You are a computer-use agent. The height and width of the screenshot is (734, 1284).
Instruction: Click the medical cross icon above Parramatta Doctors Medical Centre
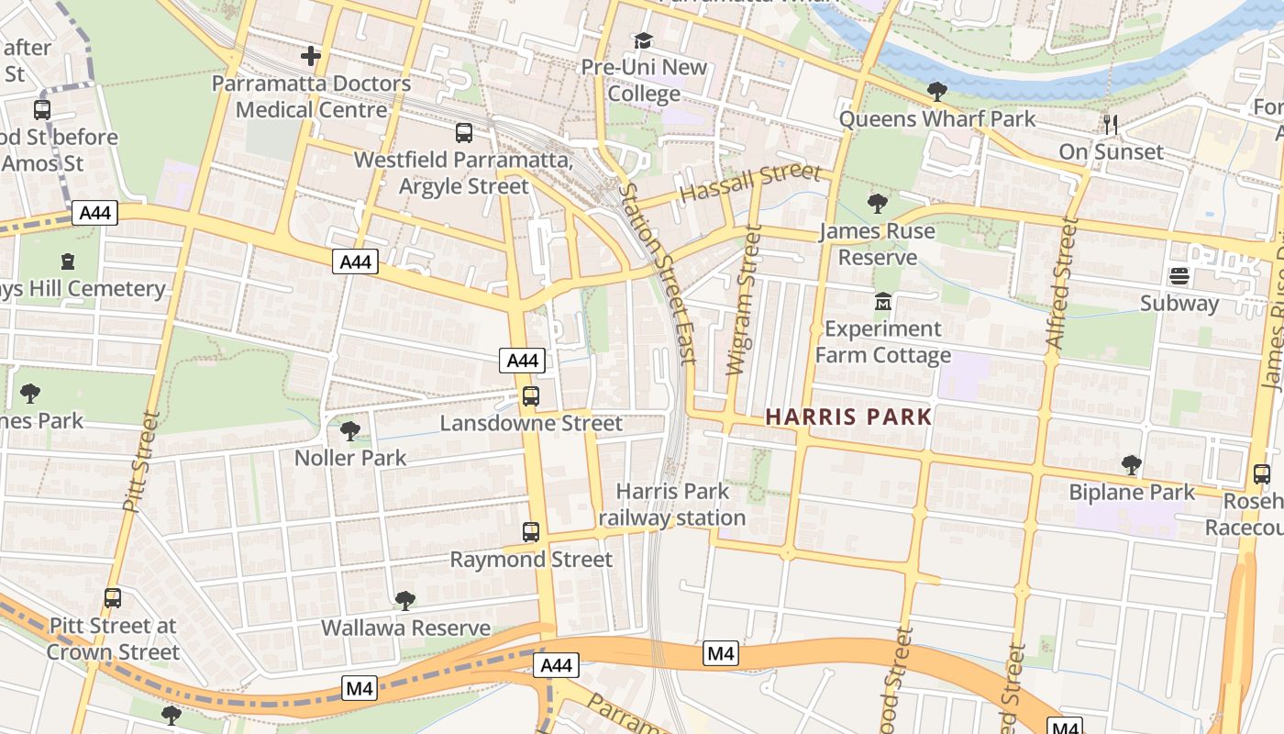click(311, 56)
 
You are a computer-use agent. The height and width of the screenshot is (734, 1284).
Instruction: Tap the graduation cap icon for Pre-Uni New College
click(643, 41)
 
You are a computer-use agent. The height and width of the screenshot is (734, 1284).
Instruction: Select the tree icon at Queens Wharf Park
click(936, 91)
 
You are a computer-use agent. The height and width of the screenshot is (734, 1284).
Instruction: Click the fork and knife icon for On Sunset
click(1111, 124)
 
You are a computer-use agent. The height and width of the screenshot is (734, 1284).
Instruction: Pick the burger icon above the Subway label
click(1179, 275)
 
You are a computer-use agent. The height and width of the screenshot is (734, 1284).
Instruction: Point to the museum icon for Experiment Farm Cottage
click(882, 301)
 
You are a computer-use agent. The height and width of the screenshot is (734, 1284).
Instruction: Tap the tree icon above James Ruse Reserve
click(877, 203)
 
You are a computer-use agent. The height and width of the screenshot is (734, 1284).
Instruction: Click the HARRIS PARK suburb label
click(848, 417)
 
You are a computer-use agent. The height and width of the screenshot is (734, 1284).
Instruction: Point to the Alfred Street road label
click(1058, 284)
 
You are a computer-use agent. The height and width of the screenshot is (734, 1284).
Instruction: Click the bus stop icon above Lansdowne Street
click(530, 396)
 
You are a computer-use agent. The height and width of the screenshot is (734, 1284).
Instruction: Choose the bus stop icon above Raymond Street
click(530, 532)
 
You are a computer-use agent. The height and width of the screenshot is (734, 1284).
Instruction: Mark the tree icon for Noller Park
click(349, 430)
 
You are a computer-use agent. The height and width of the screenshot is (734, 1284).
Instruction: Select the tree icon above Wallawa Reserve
click(404, 601)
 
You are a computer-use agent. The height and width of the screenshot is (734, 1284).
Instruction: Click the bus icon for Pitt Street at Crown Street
click(113, 598)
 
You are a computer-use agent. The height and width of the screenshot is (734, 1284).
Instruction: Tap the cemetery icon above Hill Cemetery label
click(67, 261)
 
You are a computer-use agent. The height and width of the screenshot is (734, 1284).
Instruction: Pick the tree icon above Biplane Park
click(1132, 465)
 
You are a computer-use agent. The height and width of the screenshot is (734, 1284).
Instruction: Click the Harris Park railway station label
click(672, 505)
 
